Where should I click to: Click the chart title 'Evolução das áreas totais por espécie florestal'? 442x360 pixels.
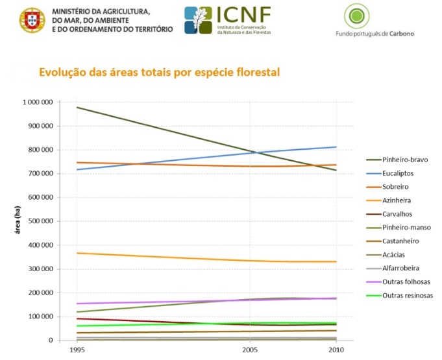point(159,72)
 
